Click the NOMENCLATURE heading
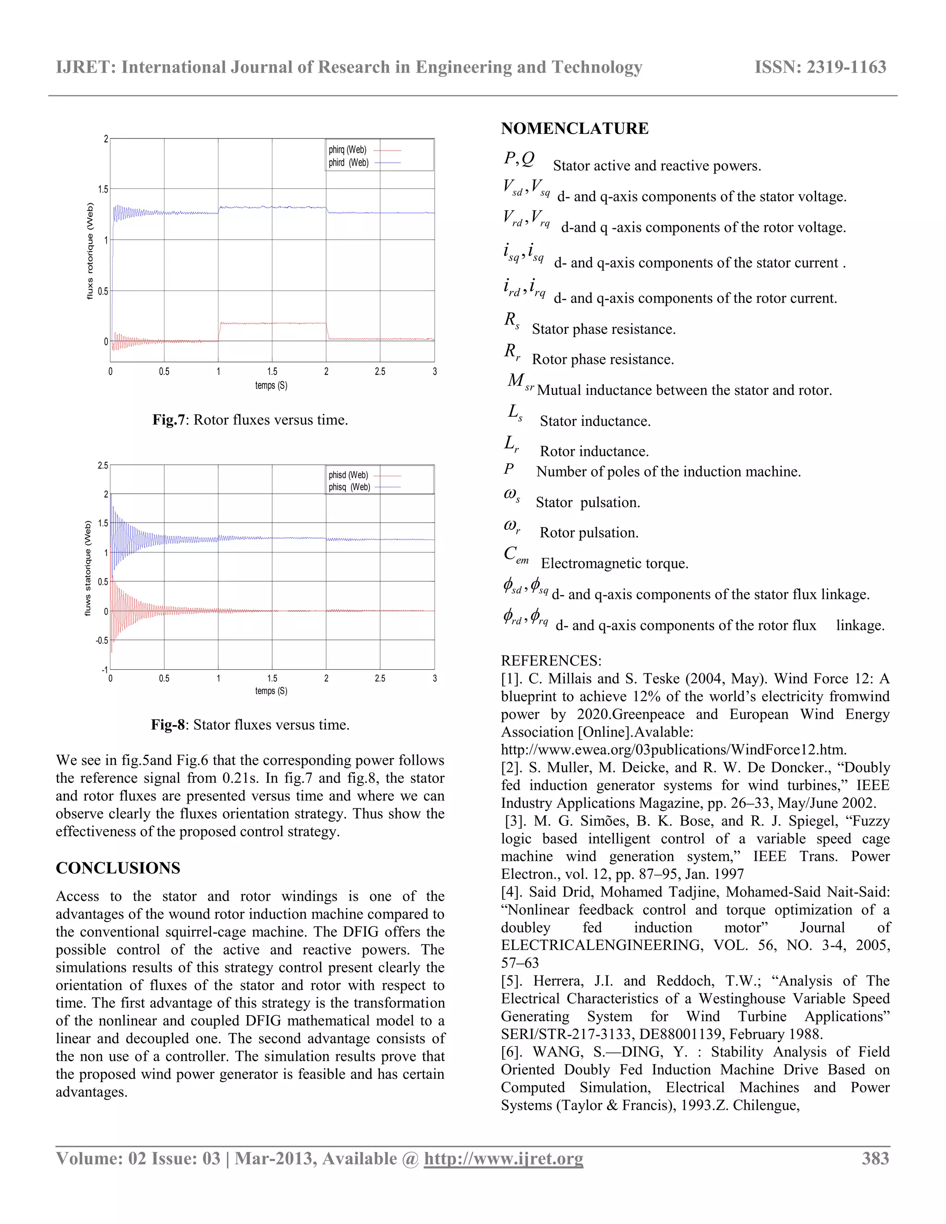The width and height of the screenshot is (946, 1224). coord(575,128)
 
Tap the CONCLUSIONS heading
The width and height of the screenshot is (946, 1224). coord(118,868)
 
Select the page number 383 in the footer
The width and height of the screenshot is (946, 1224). coord(875,1158)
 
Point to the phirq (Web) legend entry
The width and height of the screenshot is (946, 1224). coord(347,150)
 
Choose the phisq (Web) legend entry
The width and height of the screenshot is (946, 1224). coord(349,487)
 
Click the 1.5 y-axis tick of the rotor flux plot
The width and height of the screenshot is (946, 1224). coord(103,189)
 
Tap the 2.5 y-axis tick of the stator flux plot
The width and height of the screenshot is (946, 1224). coord(103,466)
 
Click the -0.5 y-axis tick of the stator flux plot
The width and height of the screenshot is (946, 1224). coord(102,641)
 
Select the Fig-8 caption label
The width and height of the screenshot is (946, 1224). coord(168,725)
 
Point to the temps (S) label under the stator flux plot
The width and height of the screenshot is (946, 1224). coord(271,691)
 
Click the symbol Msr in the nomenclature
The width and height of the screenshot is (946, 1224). coord(520,382)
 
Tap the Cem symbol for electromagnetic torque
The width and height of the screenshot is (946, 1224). coord(515,555)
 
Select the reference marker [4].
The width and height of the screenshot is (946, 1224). coord(512,891)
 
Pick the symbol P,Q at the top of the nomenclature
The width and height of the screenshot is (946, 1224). coord(519,159)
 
